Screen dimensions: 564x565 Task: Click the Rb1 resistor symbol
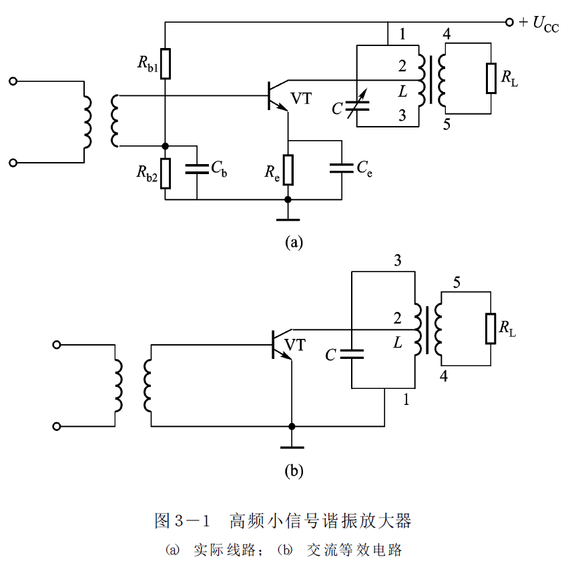[165, 64]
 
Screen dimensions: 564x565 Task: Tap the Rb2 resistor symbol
[165, 173]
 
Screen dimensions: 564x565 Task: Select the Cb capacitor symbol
[197, 169]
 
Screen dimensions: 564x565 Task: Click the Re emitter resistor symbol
[288, 169]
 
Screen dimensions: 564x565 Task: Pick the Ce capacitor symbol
[342, 168]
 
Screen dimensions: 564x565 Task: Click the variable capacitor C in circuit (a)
[357, 105]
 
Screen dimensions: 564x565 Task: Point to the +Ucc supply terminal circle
[509, 22]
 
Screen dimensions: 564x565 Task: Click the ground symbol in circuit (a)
[288, 219]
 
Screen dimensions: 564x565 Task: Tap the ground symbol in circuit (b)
[292, 447]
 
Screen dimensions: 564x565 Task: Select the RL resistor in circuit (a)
[491, 78]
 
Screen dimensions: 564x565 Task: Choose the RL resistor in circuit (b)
[491, 328]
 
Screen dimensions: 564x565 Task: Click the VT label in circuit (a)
[301, 98]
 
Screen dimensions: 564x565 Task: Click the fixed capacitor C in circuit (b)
[352, 354]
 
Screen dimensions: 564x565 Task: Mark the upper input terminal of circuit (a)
[13, 81]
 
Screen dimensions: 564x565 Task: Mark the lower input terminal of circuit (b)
[57, 427]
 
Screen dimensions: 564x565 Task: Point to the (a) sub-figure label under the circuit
[294, 243]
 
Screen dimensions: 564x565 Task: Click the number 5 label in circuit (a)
[447, 125]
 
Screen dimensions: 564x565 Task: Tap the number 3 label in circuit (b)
[398, 260]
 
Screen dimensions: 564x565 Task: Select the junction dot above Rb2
[165, 146]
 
